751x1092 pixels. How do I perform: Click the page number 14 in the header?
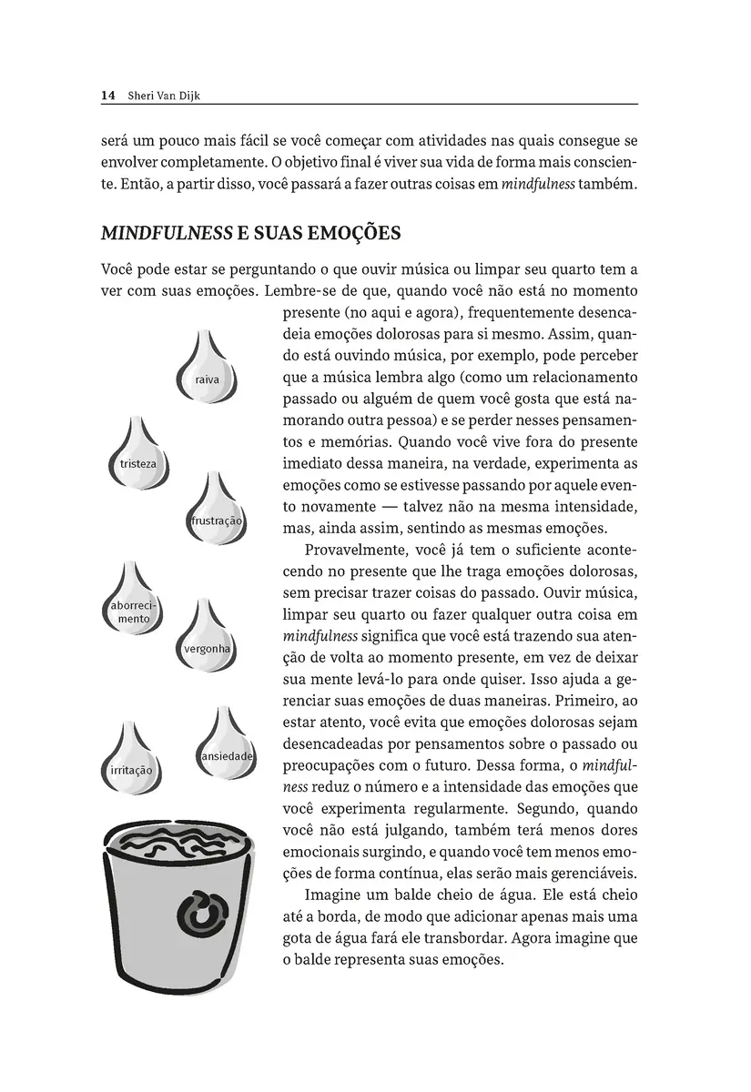pos(107,95)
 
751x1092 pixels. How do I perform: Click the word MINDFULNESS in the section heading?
pos(167,234)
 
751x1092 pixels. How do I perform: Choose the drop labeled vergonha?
pos(207,642)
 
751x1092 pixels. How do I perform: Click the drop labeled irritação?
pos(130,764)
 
